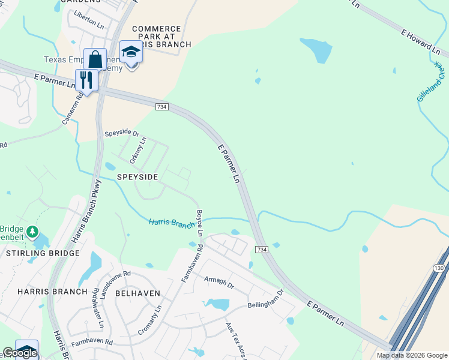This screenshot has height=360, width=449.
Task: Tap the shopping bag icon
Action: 95,59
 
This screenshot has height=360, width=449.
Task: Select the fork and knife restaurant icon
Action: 86,80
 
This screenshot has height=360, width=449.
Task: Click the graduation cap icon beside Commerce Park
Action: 131,53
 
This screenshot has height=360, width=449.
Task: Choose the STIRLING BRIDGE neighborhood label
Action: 43,253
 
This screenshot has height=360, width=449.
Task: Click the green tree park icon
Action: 32,231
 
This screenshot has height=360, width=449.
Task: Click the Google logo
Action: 20,353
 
